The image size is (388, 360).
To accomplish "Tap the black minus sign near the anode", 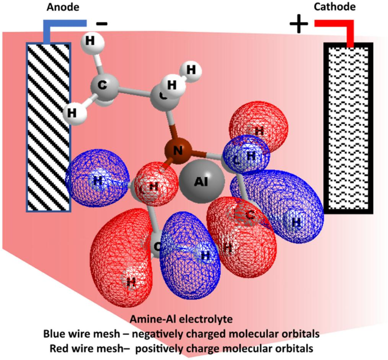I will (x=102, y=24).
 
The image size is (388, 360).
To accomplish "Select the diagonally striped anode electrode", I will (x=48, y=127).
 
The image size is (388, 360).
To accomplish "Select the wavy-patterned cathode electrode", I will (x=348, y=128).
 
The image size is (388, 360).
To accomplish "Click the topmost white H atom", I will (x=90, y=41).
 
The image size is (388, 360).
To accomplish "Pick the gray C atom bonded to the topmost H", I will (x=103, y=87).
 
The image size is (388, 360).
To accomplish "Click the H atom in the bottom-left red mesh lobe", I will (x=131, y=282).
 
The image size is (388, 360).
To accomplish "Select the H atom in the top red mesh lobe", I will (x=259, y=131).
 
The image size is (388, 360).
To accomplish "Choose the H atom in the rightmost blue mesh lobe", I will (x=296, y=222).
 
